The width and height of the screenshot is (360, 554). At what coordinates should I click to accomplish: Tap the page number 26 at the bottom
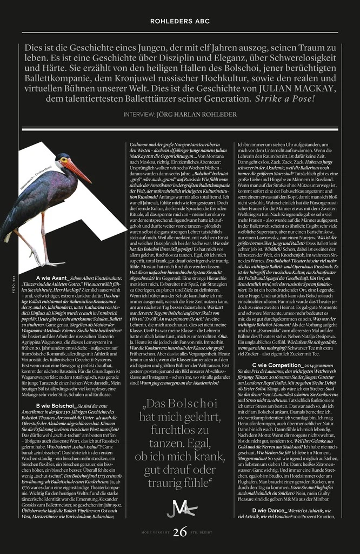coord(181,533)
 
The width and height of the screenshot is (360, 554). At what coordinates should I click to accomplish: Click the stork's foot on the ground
coord(51,263)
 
